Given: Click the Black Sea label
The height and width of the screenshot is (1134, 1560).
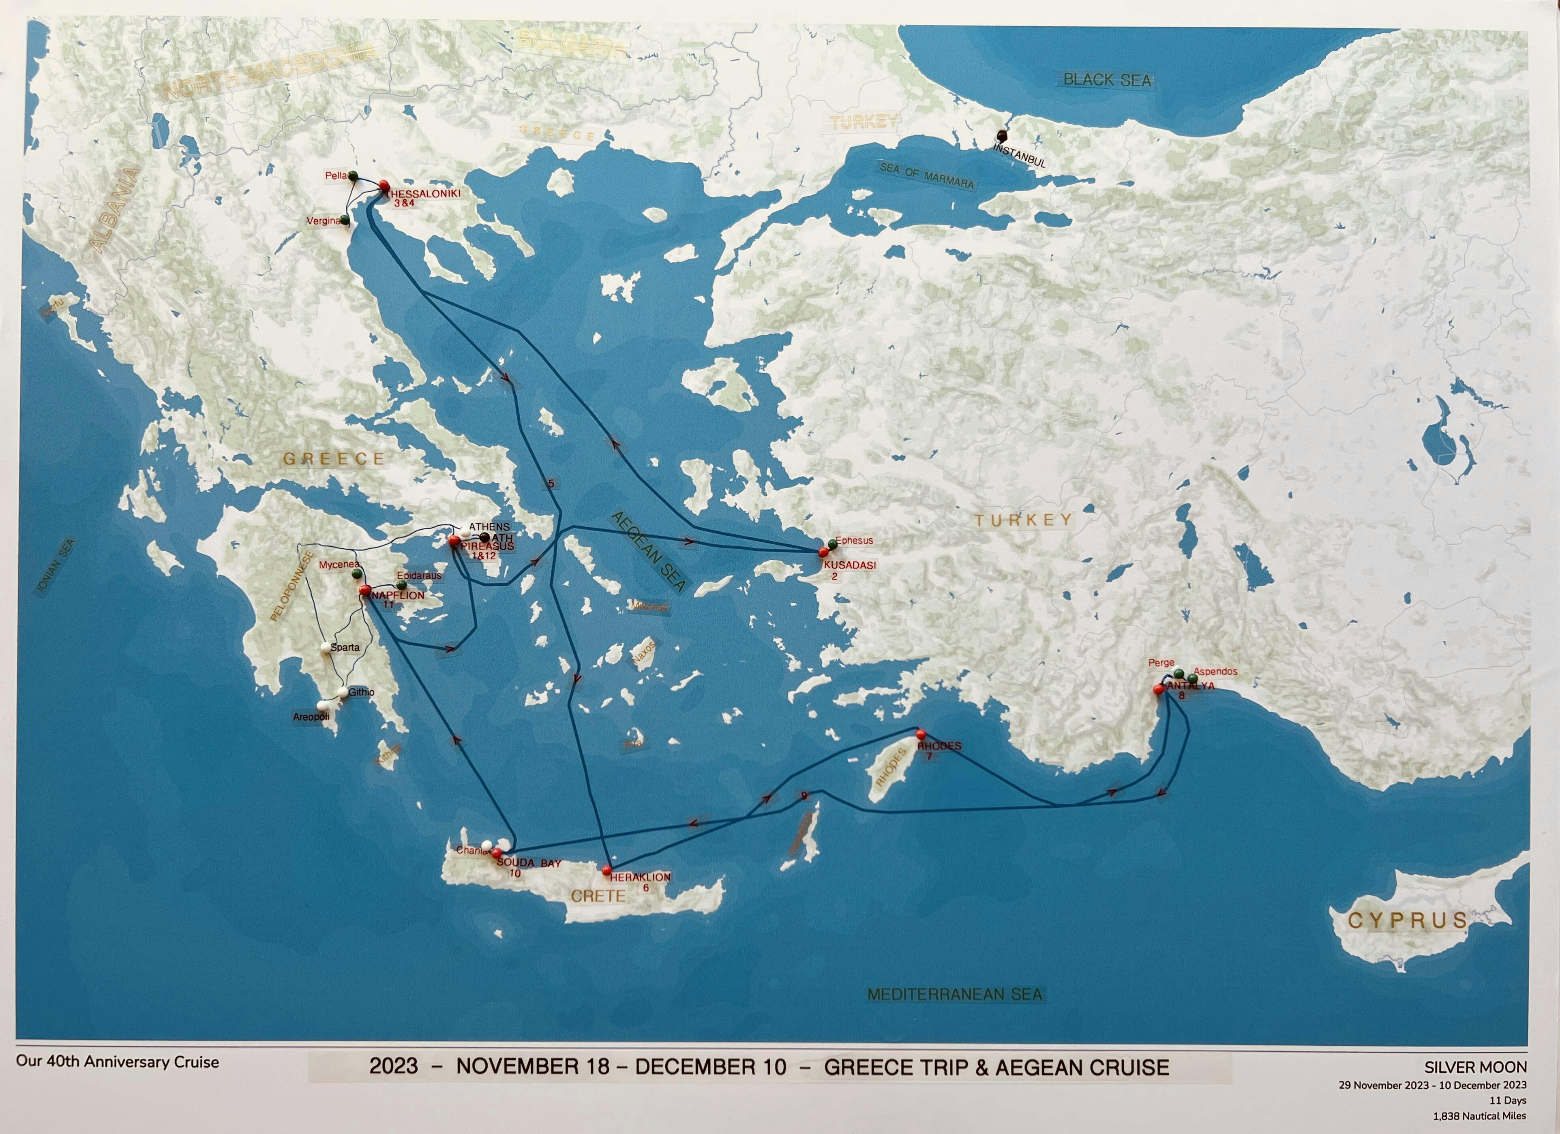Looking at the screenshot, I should click(1107, 80).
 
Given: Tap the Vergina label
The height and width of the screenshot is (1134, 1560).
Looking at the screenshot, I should click(323, 221).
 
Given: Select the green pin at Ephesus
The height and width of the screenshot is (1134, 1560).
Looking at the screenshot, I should click(832, 544).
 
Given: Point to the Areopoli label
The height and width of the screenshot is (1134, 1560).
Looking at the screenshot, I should click(311, 717).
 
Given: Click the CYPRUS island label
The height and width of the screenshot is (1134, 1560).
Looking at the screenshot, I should click(1407, 920).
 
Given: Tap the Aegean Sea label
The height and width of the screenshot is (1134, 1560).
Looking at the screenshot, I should click(647, 561).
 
